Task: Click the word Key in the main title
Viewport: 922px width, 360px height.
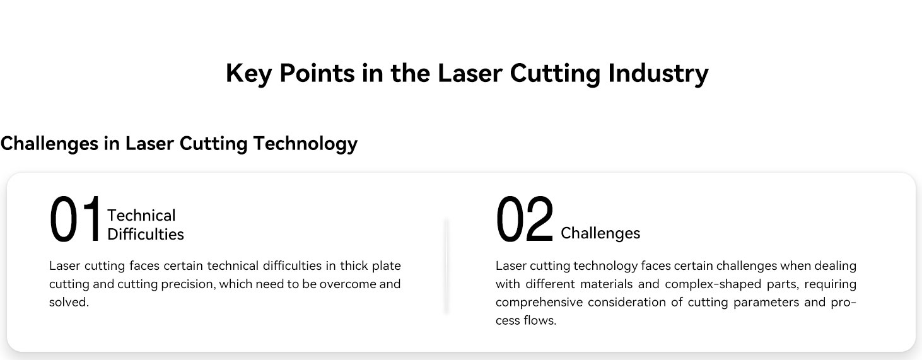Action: pyautogui.click(x=248, y=74)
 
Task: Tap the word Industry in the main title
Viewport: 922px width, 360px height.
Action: pyautogui.click(x=658, y=74)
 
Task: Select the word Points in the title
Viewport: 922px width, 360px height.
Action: pyautogui.click(x=317, y=73)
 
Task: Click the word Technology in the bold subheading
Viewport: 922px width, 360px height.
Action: pyautogui.click(x=305, y=144)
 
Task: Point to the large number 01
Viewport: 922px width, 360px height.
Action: pyautogui.click(x=75, y=219)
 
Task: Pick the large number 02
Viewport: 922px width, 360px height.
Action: pyautogui.click(x=524, y=219)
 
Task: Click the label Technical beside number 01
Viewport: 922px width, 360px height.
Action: pyautogui.click(x=141, y=215)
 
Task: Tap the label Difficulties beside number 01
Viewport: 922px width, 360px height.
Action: pyautogui.click(x=145, y=234)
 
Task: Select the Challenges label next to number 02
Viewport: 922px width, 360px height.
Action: pyautogui.click(x=600, y=233)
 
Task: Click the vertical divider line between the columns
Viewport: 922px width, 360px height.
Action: pyautogui.click(x=446, y=266)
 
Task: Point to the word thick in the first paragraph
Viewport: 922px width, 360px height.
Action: pyautogui.click(x=354, y=266)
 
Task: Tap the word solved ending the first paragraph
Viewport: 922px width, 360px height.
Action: pyautogui.click(x=69, y=303)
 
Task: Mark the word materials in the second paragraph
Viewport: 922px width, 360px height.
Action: pyautogui.click(x=606, y=284)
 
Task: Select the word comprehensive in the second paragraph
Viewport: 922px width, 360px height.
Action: pyautogui.click(x=539, y=303)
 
